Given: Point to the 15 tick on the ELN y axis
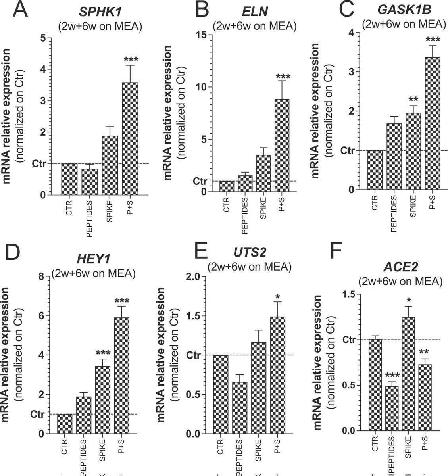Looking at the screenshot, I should (201, 35).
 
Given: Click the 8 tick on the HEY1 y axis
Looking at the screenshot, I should (42, 277).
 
